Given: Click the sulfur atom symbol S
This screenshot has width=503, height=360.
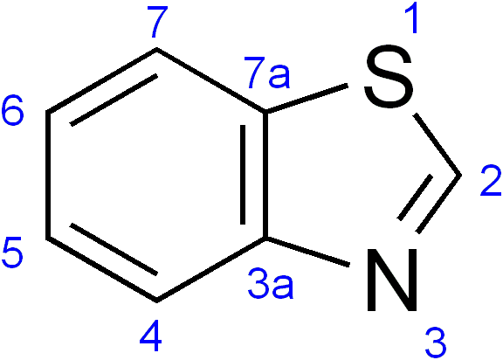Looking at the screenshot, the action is (388, 77).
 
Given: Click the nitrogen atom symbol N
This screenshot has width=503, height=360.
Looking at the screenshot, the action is (392, 280).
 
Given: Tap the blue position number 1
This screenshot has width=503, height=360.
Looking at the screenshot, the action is (411, 17).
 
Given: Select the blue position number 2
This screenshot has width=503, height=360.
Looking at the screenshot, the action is (491, 180).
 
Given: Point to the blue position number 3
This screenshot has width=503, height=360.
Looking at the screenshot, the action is (435, 343).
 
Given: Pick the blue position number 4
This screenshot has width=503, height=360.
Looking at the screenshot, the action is (150, 336).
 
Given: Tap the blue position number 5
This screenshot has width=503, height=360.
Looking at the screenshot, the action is (12, 253).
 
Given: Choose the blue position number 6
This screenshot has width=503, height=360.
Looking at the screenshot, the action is (12, 111).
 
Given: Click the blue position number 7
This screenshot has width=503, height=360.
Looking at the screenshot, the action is (157, 22).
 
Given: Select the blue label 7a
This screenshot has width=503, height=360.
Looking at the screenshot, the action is (267, 73).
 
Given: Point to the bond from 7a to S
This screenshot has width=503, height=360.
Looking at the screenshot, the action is (307, 99).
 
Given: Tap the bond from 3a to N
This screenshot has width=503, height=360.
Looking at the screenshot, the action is (307, 252).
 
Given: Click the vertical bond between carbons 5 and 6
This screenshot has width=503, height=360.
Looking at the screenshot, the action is (48, 175).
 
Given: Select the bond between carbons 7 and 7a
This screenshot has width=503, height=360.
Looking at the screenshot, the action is (211, 80).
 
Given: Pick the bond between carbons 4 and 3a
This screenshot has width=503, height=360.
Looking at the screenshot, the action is (211, 269).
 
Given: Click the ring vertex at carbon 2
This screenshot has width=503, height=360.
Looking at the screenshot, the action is (461, 175).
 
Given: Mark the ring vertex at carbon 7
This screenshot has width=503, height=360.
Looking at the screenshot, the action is (156, 49).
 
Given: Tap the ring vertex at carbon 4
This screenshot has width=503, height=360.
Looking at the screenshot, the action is (156, 301).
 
